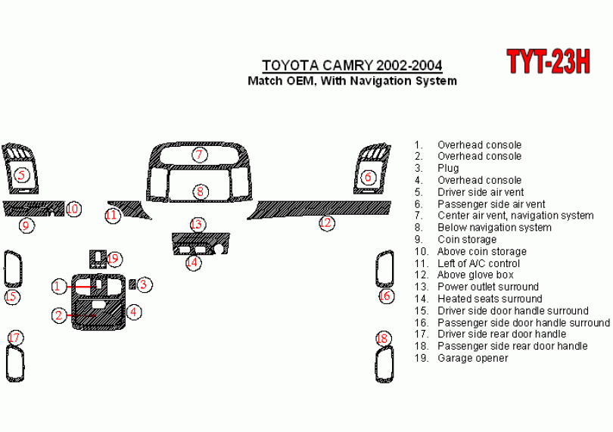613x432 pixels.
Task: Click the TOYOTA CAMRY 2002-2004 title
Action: [x=352, y=65]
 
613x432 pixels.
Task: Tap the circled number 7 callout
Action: [x=199, y=155]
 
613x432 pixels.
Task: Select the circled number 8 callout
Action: [x=200, y=191]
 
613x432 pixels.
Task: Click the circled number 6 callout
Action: [x=368, y=178]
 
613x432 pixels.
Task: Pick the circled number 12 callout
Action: [x=326, y=222]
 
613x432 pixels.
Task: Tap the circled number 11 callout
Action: [x=112, y=216]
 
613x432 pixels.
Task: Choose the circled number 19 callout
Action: [x=114, y=259]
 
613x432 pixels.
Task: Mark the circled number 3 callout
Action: [x=145, y=284]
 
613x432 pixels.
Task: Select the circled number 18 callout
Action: [x=383, y=338]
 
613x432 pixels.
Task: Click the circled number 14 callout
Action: [x=193, y=263]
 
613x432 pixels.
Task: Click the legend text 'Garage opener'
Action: [x=472, y=358]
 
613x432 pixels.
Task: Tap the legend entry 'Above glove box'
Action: [x=475, y=275]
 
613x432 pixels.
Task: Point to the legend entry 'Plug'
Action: [x=448, y=168]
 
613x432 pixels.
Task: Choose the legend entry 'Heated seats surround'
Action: [x=490, y=299]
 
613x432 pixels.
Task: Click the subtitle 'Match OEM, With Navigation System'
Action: [x=352, y=81]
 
